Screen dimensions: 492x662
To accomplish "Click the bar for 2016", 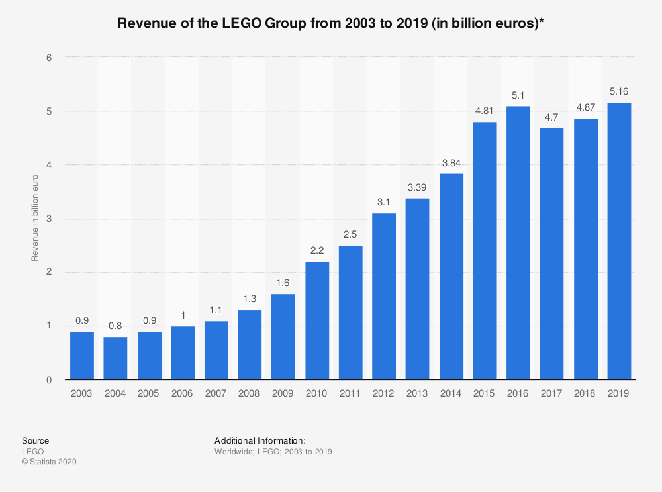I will (x=518, y=243).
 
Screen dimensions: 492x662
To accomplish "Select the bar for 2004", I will (x=115, y=358).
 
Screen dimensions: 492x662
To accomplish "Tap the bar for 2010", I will (x=317, y=320).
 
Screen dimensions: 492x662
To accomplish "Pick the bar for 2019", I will (x=619, y=241).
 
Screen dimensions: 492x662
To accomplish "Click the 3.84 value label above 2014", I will (x=451, y=164).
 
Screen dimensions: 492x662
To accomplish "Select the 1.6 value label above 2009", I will (x=283, y=284).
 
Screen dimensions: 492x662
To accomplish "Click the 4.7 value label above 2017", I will (x=552, y=118).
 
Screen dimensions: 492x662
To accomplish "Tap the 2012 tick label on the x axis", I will (x=384, y=393).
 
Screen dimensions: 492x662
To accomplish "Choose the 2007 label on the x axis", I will (x=216, y=393).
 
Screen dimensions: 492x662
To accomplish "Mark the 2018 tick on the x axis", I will (x=585, y=393).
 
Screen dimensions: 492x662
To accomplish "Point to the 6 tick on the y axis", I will (x=49, y=58).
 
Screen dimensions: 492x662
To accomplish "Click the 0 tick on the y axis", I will (x=49, y=380).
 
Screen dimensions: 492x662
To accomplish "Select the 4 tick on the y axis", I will (x=49, y=165).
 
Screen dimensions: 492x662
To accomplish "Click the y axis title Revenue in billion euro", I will (x=35, y=218).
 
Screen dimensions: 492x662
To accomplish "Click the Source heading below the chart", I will (x=35, y=440).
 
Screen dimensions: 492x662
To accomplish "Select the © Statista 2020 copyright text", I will (x=49, y=462).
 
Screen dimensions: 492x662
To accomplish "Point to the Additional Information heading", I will (x=260, y=440).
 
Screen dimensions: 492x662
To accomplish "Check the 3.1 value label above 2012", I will (x=384, y=203).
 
